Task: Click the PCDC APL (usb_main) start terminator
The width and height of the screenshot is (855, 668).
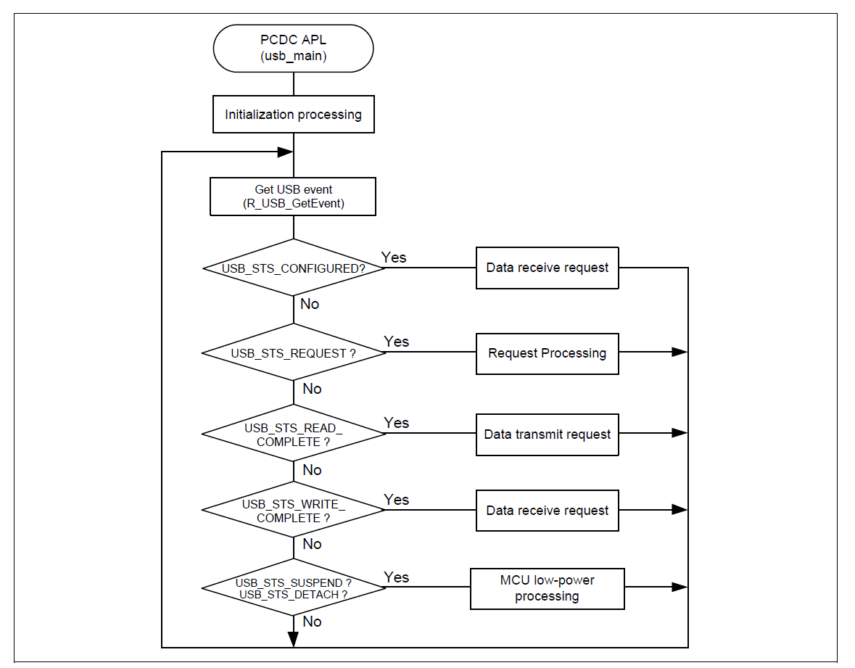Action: pos(293,49)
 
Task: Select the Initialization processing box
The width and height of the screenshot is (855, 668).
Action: pos(293,115)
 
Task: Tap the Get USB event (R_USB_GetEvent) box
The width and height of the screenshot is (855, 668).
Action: pos(293,197)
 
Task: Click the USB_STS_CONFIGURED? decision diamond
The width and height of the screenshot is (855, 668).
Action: pos(293,268)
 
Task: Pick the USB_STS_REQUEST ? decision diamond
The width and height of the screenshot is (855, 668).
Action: pos(293,353)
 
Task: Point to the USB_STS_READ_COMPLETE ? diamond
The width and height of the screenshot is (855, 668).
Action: pos(293,434)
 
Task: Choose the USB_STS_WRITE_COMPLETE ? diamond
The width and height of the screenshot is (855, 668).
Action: pos(293,511)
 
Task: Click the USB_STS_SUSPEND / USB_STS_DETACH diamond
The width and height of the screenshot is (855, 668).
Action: pos(293,588)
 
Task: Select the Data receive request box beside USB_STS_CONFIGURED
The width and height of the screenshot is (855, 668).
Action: pos(548,268)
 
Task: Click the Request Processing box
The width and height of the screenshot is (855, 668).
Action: pos(548,353)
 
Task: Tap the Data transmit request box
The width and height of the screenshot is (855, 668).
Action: pos(548,434)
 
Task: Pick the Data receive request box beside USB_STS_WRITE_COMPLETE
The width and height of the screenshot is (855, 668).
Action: pos(548,511)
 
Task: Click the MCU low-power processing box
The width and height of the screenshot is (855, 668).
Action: pos(548,588)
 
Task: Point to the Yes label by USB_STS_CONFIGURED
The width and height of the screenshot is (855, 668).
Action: pos(394,257)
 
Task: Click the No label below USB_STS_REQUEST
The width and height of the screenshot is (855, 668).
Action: pos(312,389)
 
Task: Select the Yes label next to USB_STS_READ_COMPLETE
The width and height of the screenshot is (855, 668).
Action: pos(397,422)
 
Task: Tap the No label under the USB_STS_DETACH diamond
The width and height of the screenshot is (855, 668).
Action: pos(312,622)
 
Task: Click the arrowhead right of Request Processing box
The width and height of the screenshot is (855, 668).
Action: pos(679,352)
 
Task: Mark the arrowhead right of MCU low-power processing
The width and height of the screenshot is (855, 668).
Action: pos(679,587)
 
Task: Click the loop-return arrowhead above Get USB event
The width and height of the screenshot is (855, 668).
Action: pos(285,152)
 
